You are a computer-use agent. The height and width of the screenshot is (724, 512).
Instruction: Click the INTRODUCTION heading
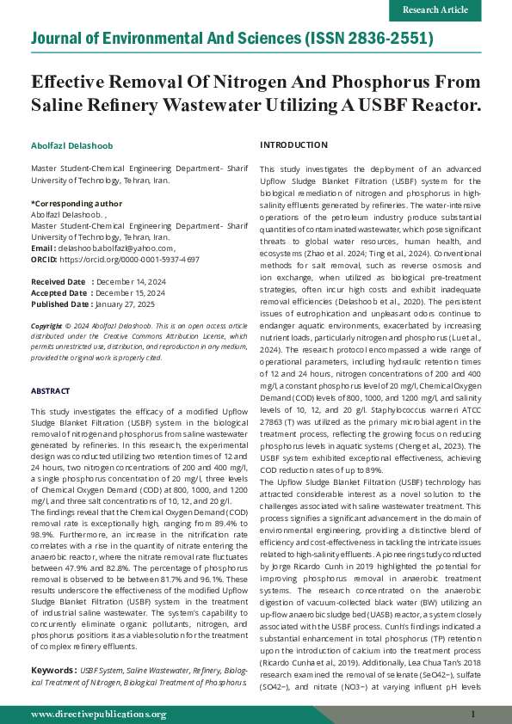293,144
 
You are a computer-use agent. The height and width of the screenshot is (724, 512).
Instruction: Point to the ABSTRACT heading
51,391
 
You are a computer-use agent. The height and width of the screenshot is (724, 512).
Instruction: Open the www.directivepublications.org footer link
99,714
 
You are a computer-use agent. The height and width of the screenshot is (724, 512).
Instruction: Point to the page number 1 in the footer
473,714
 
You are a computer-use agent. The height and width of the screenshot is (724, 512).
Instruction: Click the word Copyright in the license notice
46,327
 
